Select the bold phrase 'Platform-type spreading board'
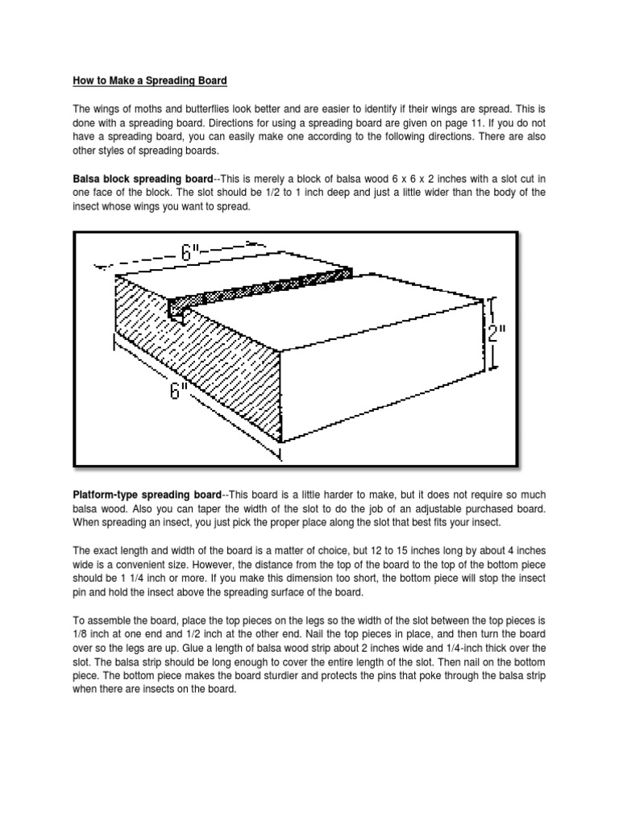click(145, 494)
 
